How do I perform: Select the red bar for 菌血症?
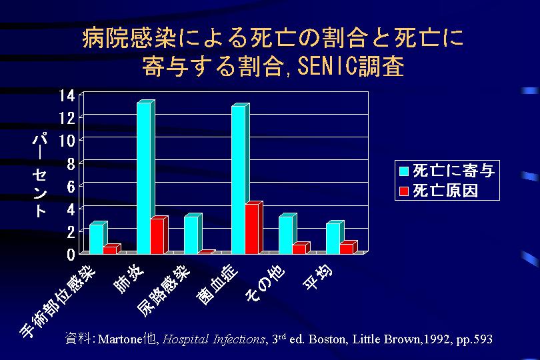(251, 229)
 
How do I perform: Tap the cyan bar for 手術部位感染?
(97, 239)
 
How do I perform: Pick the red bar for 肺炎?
(157, 236)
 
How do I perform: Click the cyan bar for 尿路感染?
(191, 235)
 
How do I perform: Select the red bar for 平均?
(346, 249)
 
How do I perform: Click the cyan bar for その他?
(286, 235)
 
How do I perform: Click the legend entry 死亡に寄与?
(446, 171)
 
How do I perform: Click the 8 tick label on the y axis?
(69, 163)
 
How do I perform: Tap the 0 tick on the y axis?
(70, 254)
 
